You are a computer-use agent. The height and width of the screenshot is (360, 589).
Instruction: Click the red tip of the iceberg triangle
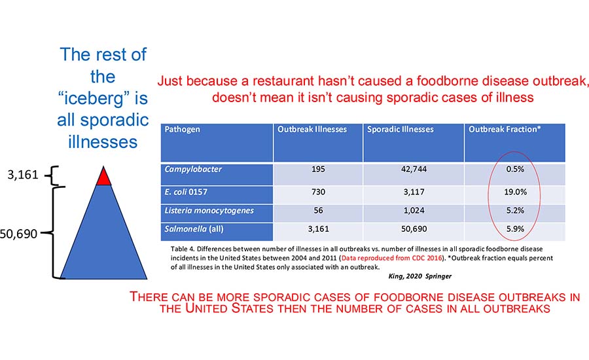(x=103, y=177)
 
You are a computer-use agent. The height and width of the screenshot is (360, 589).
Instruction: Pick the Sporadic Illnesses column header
(x=401, y=130)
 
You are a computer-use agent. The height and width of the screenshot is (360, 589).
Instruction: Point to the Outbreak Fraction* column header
(x=504, y=130)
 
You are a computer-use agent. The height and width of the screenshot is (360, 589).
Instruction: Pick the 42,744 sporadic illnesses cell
(x=414, y=175)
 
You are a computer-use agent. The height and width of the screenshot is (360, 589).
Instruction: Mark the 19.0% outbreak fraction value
(x=514, y=195)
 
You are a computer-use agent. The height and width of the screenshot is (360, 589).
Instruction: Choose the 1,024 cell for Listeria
(x=414, y=213)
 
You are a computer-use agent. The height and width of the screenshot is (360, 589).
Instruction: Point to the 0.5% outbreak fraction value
(x=514, y=175)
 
